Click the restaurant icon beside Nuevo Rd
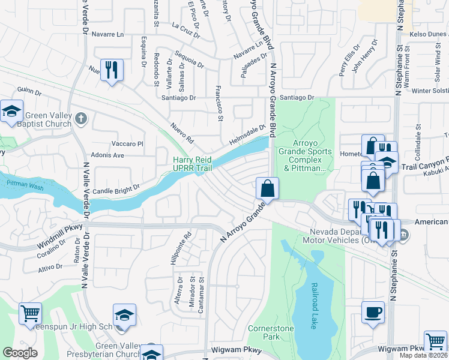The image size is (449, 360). point(111,70)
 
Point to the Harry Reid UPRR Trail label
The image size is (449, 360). point(193,164)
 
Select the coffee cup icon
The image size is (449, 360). point(373,312)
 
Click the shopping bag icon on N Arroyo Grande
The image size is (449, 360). point(267,188)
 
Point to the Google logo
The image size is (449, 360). point(20,352)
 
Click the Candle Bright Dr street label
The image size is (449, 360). point(116,187)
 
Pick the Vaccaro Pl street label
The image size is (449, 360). point(128,144)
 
